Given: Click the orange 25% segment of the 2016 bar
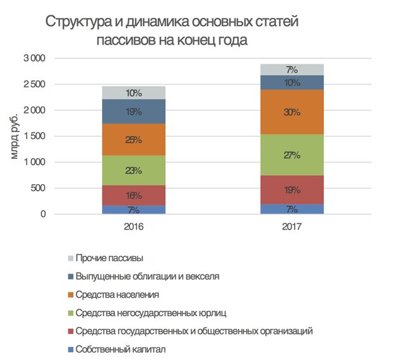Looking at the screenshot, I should (134, 140).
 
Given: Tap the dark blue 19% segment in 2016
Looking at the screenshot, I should (134, 112).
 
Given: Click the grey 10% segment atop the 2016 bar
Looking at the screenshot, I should (134, 93).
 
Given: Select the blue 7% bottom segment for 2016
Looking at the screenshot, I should (134, 210).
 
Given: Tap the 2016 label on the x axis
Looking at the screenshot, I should (134, 227).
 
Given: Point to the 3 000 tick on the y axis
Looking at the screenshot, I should (34, 58).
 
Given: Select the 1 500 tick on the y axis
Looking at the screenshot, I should (34, 136).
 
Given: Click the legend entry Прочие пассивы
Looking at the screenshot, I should (109, 258).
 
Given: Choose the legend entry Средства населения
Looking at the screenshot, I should (117, 295).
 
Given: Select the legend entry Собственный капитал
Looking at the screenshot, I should (120, 350).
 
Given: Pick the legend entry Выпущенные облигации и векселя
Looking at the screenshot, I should (147, 277).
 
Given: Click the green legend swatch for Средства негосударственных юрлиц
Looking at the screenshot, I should (69, 313).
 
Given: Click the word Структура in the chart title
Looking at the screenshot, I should (75, 23).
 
